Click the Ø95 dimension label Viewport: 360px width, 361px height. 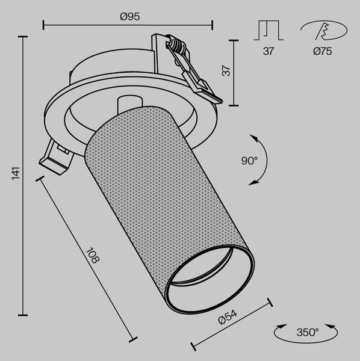[x=129, y=17]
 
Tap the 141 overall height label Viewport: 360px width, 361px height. [x=16, y=173]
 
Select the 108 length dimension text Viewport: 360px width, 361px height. [x=93, y=255]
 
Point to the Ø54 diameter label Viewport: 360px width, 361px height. [x=228, y=317]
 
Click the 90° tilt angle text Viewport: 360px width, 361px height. [x=249, y=161]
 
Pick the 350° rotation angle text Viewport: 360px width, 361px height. [x=308, y=332]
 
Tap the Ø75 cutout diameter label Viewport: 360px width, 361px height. [x=323, y=51]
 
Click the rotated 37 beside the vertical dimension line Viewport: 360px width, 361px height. [x=226, y=71]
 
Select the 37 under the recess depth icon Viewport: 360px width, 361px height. [x=268, y=51]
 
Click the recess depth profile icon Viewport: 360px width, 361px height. [x=268, y=31]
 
